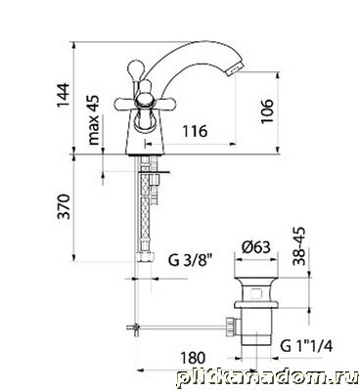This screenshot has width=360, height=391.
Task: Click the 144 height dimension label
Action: [x=63, y=95]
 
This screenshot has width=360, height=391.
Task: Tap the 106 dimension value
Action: [x=267, y=111]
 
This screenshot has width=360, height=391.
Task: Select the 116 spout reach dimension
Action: [x=195, y=131]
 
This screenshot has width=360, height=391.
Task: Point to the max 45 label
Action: [x=93, y=120]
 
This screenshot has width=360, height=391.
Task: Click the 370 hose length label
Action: [x=64, y=206]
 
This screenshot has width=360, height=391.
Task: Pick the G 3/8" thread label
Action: [x=191, y=261]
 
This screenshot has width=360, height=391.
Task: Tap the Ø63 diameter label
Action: [x=256, y=247]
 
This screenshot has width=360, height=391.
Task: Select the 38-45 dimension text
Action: [x=298, y=246]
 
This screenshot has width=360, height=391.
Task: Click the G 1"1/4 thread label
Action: [x=306, y=346]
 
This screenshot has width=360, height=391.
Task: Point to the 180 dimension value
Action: [x=193, y=358]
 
